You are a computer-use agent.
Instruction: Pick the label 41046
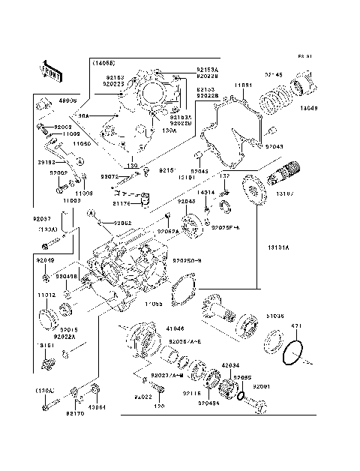175,328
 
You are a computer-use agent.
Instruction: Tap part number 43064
97,408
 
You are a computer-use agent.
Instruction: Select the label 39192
46,161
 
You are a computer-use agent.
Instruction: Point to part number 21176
122,203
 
